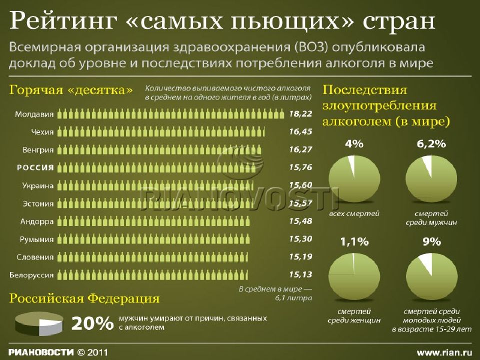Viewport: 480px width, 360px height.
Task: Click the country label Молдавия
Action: (x=34, y=113)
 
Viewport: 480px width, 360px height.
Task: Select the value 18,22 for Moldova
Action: (x=300, y=113)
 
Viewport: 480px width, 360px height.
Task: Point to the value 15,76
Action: (x=300, y=167)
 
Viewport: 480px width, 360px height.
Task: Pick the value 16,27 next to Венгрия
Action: (x=300, y=149)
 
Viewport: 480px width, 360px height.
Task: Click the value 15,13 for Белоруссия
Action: (x=300, y=274)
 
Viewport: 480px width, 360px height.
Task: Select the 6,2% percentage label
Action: (x=430, y=144)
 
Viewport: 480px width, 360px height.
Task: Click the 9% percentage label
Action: (x=431, y=242)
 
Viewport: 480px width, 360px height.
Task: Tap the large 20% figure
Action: (x=92, y=324)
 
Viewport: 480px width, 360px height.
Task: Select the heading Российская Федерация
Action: (x=85, y=299)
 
